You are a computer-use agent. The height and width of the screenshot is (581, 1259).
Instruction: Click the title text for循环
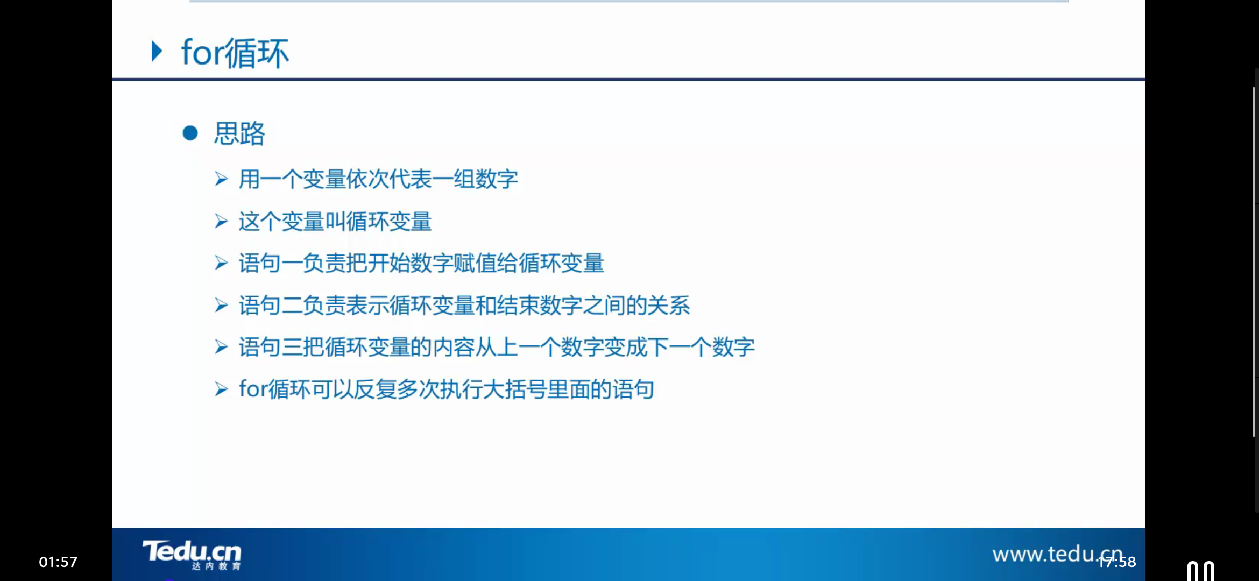[x=235, y=53]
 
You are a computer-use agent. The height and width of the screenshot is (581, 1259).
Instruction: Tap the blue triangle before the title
[x=157, y=52]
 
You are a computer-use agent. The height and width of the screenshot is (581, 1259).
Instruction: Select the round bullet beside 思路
[x=190, y=133]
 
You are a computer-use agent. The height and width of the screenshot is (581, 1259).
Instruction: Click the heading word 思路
[x=239, y=133]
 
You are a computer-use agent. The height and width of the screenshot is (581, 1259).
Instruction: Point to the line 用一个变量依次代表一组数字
[x=378, y=179]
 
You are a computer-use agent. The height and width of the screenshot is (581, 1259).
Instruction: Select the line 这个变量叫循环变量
[x=335, y=222]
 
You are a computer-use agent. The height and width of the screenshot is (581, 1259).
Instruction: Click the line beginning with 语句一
[x=421, y=264]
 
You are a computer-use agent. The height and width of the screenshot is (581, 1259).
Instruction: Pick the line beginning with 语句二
[x=464, y=306]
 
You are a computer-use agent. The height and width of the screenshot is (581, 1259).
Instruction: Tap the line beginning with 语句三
[x=497, y=348]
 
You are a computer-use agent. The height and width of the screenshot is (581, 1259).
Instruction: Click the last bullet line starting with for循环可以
[x=447, y=389]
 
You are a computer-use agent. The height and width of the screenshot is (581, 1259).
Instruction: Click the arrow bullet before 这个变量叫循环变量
[x=221, y=222]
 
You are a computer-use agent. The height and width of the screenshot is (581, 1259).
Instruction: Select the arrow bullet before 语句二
[x=221, y=306]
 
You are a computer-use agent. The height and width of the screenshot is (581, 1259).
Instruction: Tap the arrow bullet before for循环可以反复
[x=221, y=389]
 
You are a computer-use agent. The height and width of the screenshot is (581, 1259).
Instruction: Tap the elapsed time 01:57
[x=58, y=562]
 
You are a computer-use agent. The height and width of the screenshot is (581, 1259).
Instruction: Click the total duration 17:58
[x=1118, y=562]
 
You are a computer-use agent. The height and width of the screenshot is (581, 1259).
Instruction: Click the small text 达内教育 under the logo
[x=216, y=566]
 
